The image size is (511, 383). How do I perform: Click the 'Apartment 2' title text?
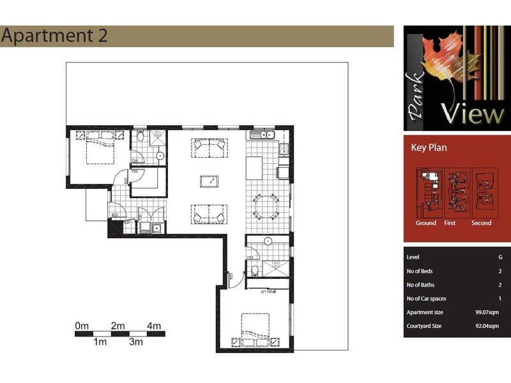[54, 36]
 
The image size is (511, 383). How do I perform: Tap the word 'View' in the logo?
[477, 114]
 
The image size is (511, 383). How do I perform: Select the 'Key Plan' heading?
[429, 147]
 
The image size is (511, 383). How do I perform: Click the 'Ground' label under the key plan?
[426, 223]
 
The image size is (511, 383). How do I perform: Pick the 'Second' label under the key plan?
[481, 223]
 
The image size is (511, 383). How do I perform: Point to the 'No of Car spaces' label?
[426, 299]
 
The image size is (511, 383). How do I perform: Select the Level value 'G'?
[500, 257]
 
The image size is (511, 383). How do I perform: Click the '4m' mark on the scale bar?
[154, 326]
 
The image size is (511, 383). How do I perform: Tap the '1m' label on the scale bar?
[100, 342]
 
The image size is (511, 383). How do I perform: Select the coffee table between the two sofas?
[210, 181]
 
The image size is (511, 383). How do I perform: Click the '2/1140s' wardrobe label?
[268, 292]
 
